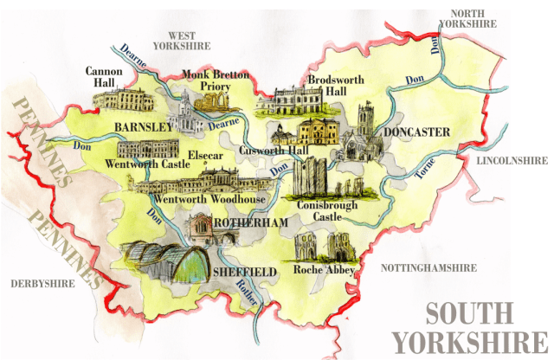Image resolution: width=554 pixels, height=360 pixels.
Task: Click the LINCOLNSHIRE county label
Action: click(508, 160)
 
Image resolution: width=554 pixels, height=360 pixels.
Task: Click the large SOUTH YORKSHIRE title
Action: click(472, 325)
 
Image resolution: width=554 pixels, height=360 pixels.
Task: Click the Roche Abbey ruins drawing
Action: click(320, 247)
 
